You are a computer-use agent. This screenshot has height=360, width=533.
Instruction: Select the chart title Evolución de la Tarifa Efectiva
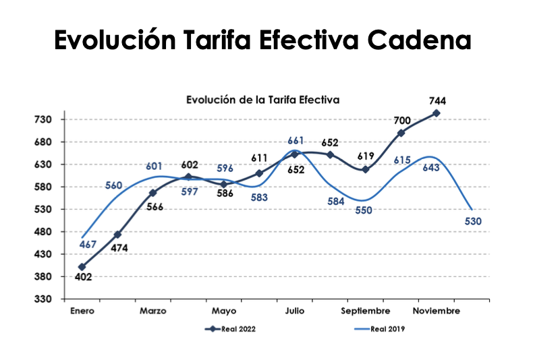click(262, 99)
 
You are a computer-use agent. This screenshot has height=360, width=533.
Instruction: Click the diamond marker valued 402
click(82, 267)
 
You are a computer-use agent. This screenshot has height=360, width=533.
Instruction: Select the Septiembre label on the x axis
click(365, 311)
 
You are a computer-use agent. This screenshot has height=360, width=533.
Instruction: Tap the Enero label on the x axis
click(82, 311)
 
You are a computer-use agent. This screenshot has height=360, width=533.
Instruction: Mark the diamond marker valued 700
click(401, 133)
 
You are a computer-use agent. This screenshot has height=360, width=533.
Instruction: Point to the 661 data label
click(296, 141)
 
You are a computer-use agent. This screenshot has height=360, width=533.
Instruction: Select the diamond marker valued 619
click(366, 169)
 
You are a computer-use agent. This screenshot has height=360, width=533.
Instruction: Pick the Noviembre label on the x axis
click(437, 311)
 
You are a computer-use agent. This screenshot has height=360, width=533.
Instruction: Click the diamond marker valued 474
click(117, 235)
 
